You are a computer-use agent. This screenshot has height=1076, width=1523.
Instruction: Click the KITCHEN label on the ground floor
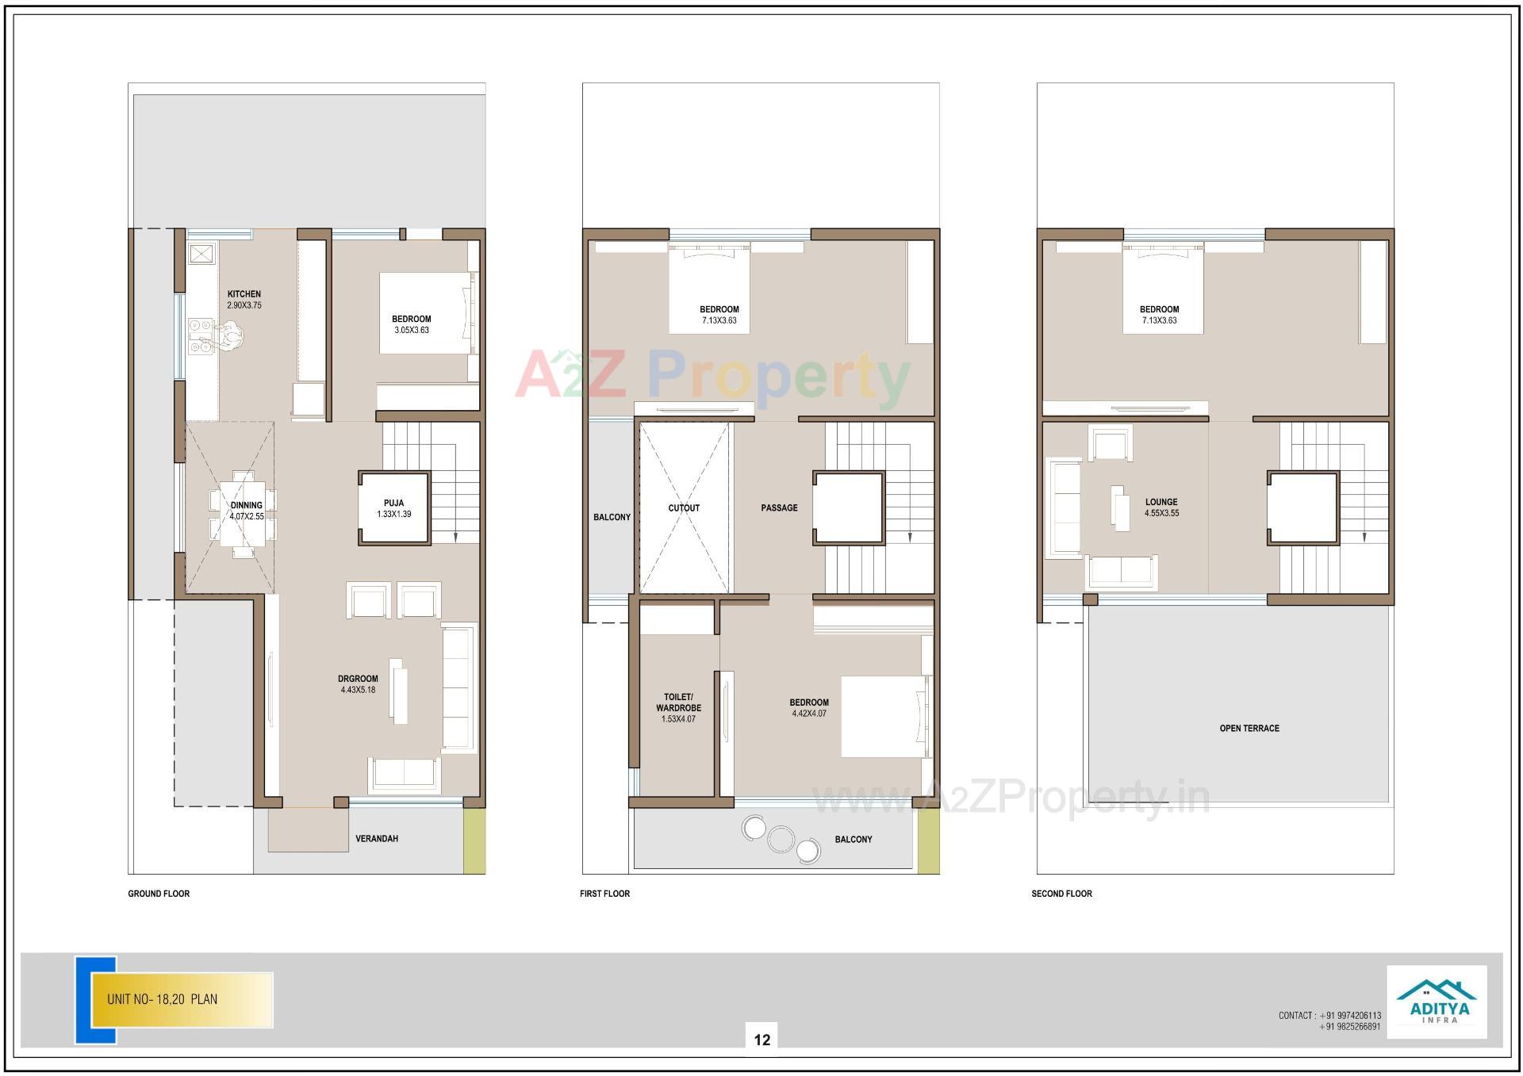pyautogui.click(x=244, y=294)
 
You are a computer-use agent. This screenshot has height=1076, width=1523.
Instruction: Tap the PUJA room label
pyautogui.click(x=393, y=503)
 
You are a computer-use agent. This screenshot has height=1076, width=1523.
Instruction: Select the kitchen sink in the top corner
pyautogui.click(x=201, y=254)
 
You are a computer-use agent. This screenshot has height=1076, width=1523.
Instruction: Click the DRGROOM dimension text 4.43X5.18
pyautogui.click(x=358, y=690)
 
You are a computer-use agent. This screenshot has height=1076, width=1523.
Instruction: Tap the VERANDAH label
pyautogui.click(x=377, y=838)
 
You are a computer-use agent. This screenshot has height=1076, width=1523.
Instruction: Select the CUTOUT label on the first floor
pyautogui.click(x=684, y=508)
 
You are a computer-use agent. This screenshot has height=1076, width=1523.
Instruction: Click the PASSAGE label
pyautogui.click(x=779, y=507)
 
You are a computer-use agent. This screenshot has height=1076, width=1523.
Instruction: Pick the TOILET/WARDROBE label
pyautogui.click(x=678, y=703)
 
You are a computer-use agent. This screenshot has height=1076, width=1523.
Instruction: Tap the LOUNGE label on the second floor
pyautogui.click(x=1161, y=502)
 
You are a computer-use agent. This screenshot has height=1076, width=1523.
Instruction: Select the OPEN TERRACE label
pyautogui.click(x=1249, y=728)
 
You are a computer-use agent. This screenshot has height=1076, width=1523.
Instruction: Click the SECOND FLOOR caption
pyautogui.click(x=1061, y=894)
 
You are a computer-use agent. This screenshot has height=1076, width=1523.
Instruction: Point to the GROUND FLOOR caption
pyautogui.click(x=159, y=894)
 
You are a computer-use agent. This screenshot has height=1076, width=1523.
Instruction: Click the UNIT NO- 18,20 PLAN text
pyautogui.click(x=162, y=999)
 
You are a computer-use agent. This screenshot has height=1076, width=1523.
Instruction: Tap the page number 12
pyautogui.click(x=761, y=1040)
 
